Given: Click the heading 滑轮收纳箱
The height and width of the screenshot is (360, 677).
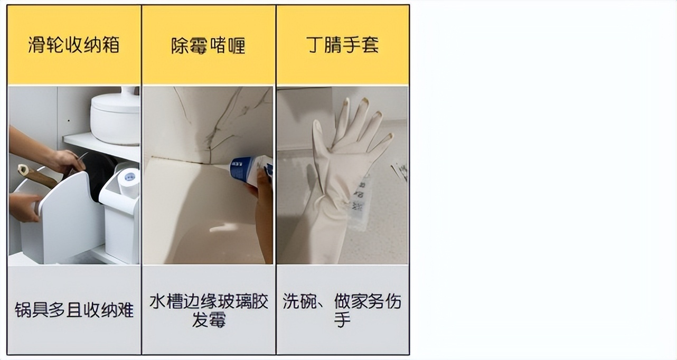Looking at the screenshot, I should (74, 45).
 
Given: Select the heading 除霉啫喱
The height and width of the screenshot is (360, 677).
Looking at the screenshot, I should (209, 45).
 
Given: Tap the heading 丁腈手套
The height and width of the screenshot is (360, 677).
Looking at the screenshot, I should (342, 45).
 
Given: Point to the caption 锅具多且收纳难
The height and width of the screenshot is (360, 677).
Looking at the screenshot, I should (74, 310).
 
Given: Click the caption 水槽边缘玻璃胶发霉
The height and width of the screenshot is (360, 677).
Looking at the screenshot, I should (209, 310).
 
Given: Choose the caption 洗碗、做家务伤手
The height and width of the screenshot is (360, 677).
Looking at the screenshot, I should (342, 310).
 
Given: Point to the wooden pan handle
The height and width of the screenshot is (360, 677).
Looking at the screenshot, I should (36, 176).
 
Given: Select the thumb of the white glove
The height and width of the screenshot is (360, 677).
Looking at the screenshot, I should (318, 140).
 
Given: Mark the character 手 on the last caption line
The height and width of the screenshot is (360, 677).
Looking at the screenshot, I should (342, 320).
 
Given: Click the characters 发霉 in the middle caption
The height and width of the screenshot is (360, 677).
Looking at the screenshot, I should (209, 320).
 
